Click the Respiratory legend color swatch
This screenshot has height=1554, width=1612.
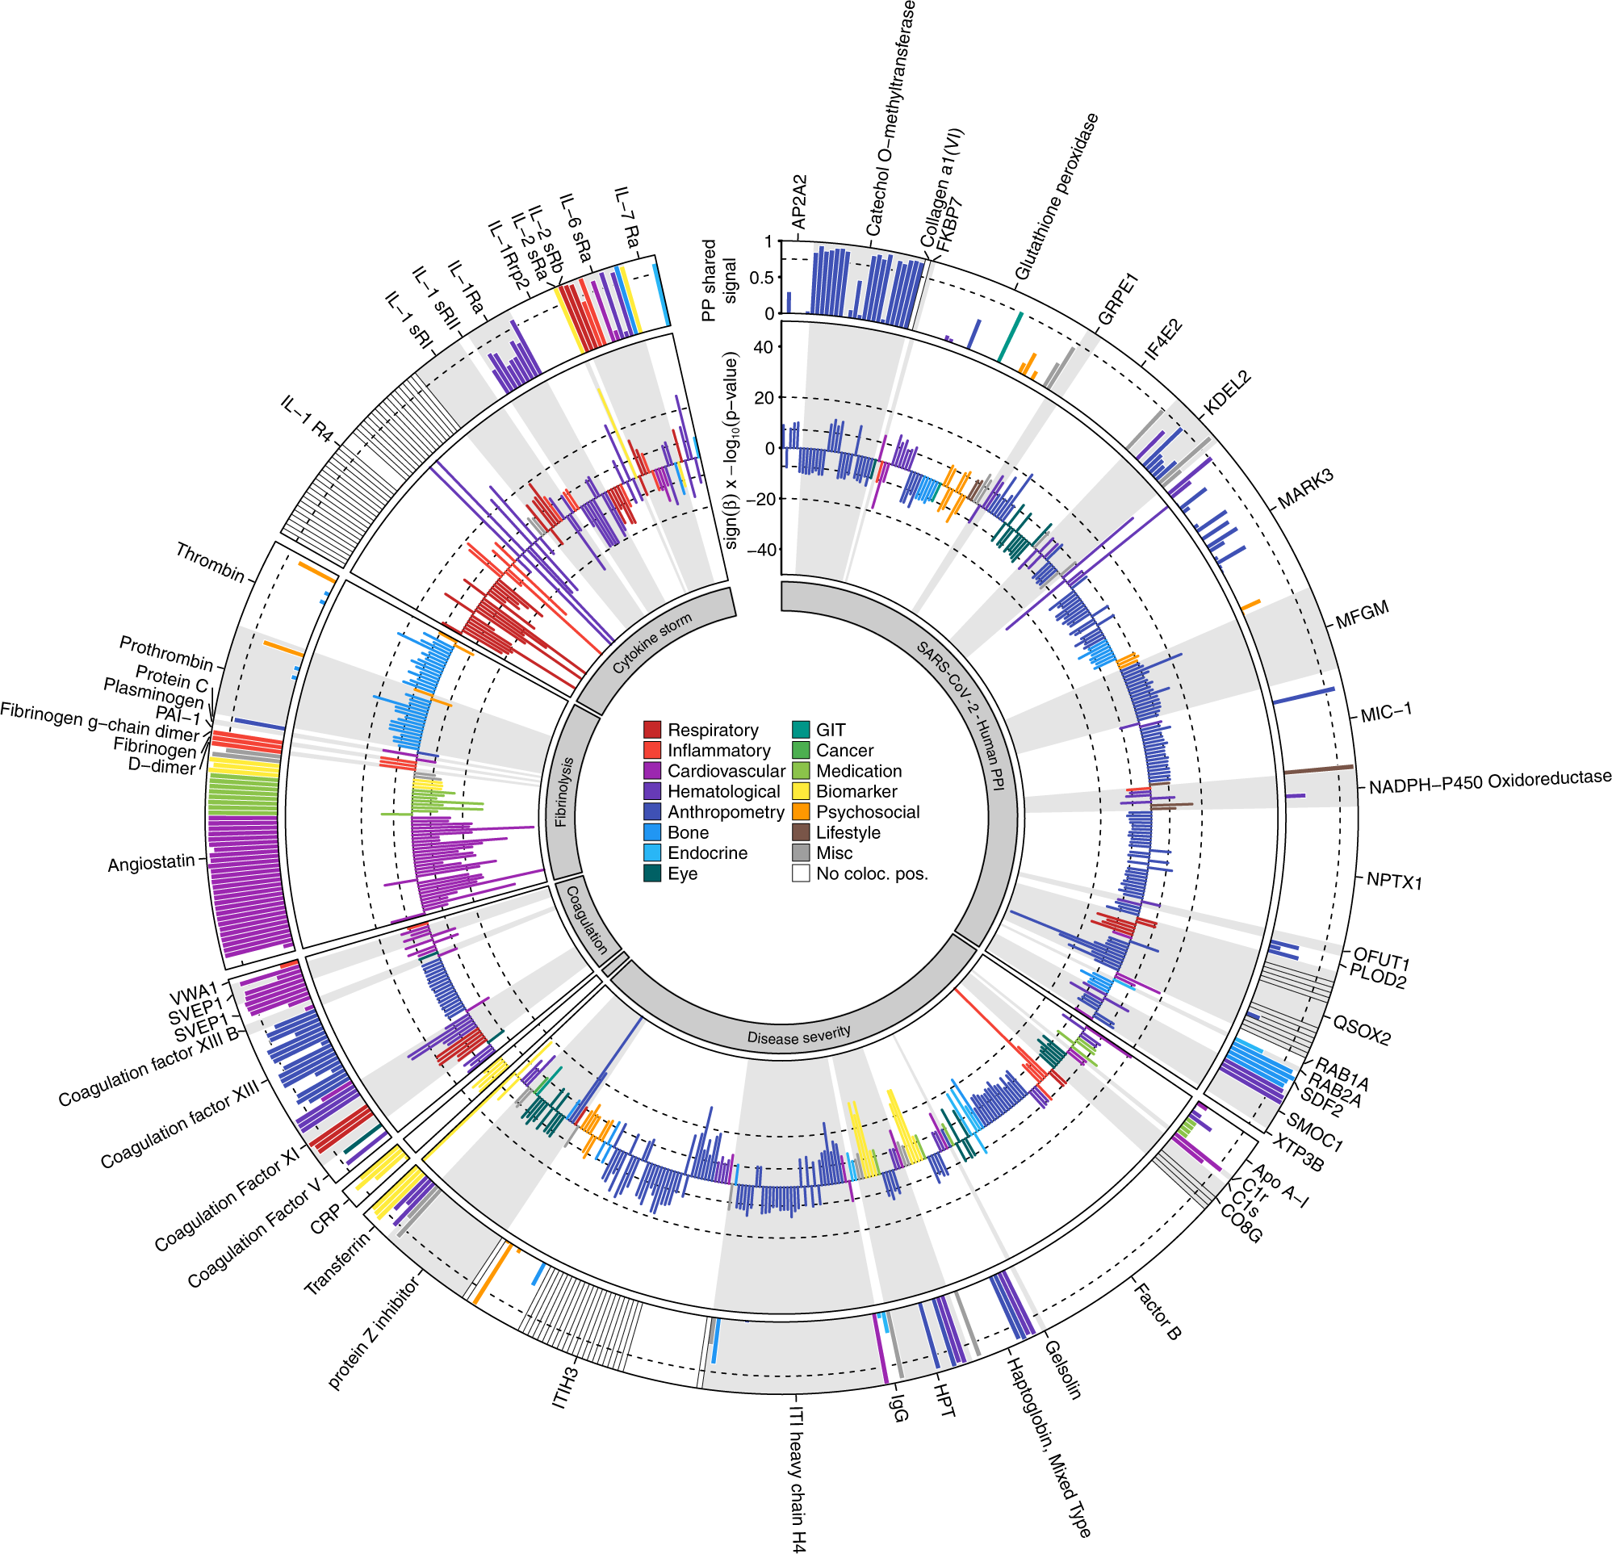click(652, 730)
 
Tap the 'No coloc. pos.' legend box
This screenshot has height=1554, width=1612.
click(800, 873)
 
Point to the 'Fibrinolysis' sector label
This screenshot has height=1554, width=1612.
click(563, 792)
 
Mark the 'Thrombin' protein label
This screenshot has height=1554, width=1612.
click(210, 563)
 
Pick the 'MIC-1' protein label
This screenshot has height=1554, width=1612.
click(1386, 713)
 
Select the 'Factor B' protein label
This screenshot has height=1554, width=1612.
click(1158, 1311)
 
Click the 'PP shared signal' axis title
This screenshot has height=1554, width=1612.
click(718, 280)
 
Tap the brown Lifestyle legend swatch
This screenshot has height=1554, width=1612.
click(800, 832)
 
